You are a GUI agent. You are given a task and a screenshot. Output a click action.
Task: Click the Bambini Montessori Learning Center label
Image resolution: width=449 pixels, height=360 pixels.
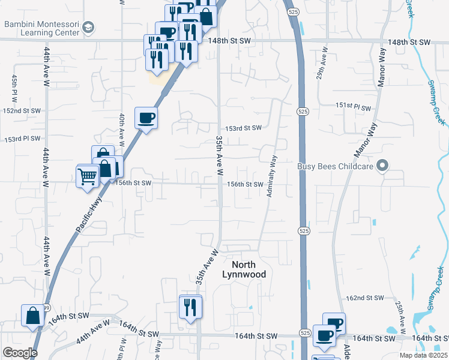pos(42,28)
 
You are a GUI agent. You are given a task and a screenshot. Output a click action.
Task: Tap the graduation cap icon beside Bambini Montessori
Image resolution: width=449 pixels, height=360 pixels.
pos(89,28)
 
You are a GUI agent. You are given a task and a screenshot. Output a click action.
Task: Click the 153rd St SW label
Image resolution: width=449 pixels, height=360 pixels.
pos(244,128)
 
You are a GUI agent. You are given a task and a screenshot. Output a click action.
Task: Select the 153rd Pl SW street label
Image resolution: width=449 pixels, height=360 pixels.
pos(22,139)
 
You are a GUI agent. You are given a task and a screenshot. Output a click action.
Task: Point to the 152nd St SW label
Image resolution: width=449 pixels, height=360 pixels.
pos(22,111)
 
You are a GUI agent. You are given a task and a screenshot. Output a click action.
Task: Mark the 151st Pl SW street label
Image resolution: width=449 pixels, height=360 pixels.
pos(354,106)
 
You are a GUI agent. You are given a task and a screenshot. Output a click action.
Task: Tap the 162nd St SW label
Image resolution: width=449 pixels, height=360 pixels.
pos(365,298)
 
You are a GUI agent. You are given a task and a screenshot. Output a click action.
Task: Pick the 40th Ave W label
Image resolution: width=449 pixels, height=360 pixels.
pos(121,129)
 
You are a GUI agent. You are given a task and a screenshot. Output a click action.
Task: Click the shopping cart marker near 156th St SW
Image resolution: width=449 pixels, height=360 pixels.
pos(88,177)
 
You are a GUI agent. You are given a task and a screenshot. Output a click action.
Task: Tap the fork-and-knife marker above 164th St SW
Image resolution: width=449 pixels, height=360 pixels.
pos(191,307)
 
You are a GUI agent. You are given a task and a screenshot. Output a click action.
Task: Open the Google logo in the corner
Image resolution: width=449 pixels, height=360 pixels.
pos(20,353)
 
